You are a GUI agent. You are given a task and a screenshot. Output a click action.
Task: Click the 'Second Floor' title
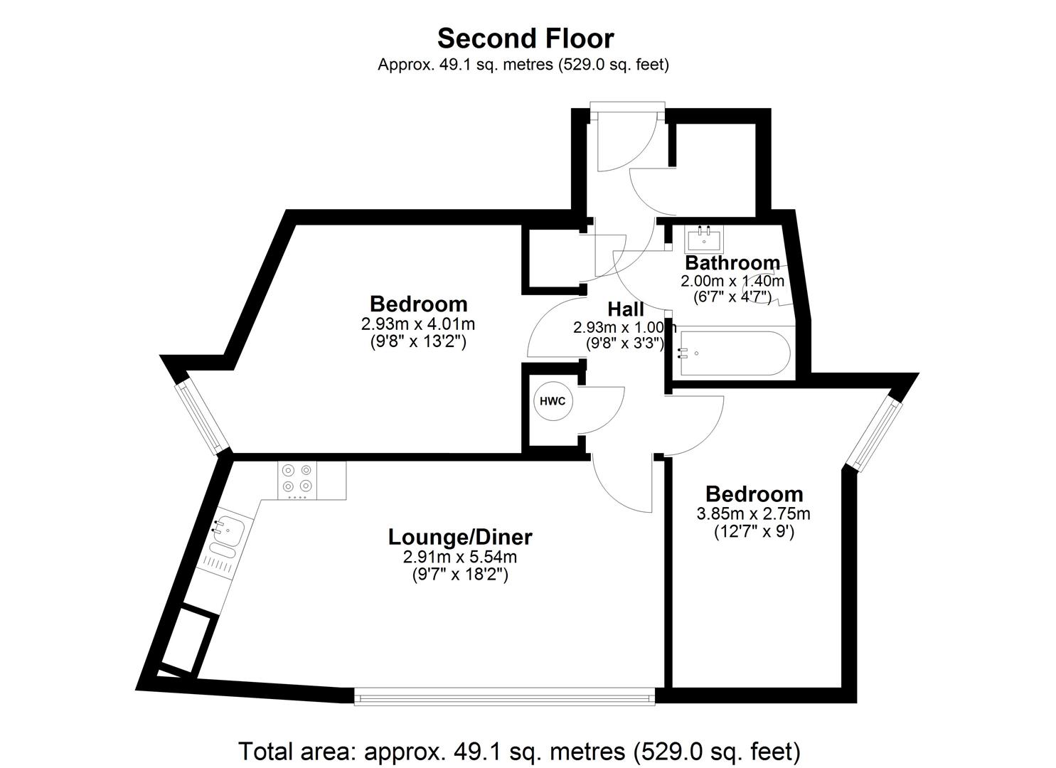[526, 38]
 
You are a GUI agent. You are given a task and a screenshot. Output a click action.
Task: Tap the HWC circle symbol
[553, 402]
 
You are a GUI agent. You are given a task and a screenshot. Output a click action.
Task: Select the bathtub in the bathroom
[734, 353]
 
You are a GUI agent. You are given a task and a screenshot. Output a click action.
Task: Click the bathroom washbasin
[704, 239]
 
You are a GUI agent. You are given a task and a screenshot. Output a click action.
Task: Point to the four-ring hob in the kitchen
[297, 481]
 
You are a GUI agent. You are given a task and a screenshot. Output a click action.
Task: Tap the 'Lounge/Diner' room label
[460, 537]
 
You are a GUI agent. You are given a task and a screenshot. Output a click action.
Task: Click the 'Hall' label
[626, 309]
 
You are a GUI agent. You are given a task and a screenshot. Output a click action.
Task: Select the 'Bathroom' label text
[732, 262]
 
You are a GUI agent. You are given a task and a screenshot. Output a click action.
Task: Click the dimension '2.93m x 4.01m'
[418, 324]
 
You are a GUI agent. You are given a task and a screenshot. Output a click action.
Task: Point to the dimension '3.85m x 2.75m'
[753, 513]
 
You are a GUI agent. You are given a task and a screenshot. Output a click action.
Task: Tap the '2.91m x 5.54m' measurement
[460, 557]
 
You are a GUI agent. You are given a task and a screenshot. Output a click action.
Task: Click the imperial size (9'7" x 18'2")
[460, 575]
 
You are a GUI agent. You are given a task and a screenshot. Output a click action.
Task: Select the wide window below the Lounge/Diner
[504, 696]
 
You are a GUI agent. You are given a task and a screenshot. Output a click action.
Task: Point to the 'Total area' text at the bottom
[520, 750]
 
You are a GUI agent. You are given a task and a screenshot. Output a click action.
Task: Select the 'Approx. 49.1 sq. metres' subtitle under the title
[523, 64]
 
